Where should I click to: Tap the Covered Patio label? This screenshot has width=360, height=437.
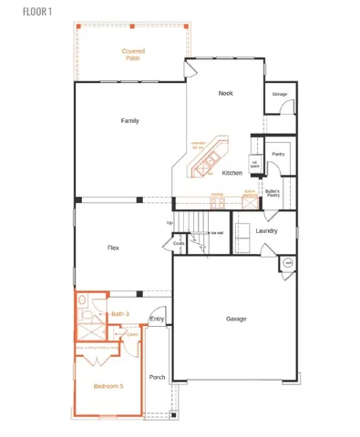(x=133, y=55)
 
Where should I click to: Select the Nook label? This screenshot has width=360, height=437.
(x=226, y=94)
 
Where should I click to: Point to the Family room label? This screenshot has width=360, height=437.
(x=129, y=120)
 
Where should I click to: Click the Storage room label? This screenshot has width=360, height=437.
(x=280, y=94)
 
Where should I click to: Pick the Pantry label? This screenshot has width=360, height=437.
(x=278, y=154)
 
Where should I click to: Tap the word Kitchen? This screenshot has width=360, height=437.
(x=231, y=173)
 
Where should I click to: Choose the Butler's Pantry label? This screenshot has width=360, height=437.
(x=273, y=193)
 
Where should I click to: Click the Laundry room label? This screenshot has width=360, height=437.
(x=267, y=230)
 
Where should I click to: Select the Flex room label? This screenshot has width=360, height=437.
(x=114, y=247)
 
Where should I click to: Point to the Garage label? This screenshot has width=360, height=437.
(x=237, y=319)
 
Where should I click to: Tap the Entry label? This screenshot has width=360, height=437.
(x=157, y=319)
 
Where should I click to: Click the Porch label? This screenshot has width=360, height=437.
(x=157, y=377)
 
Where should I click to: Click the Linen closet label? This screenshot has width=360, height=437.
(x=132, y=334)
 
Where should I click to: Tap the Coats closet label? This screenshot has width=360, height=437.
(x=180, y=244)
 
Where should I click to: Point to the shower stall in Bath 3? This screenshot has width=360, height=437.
(x=87, y=331)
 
